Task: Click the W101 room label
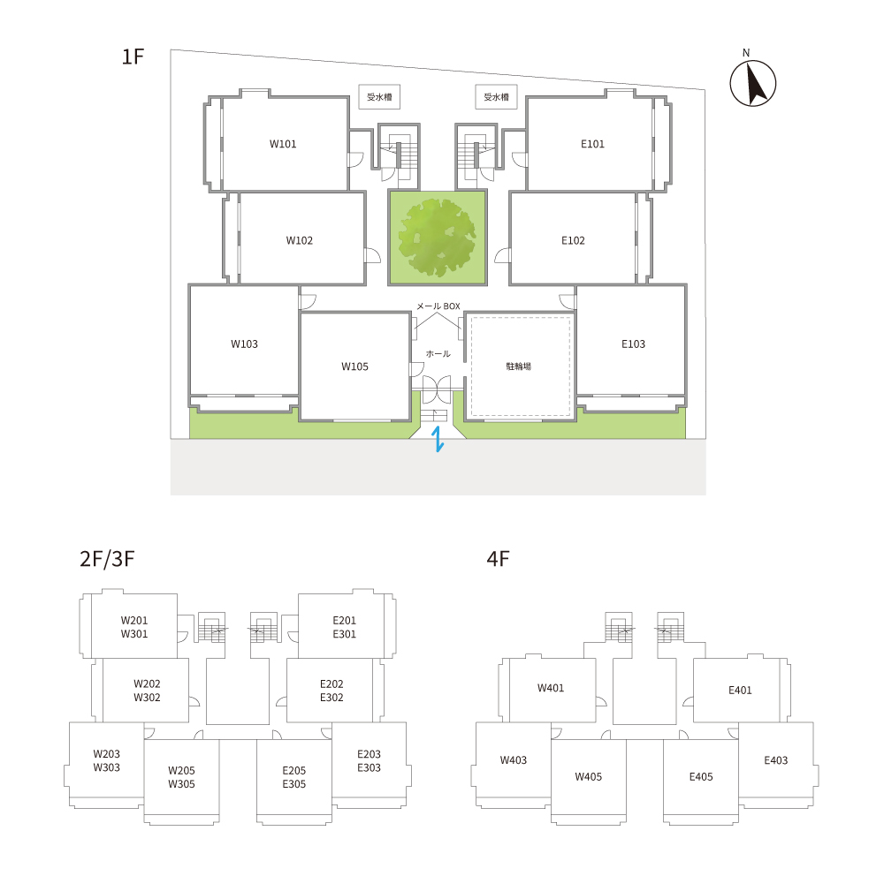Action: (x=283, y=144)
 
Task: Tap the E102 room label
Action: (x=573, y=240)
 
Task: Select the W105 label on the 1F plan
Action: (x=354, y=366)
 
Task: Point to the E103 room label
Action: (x=633, y=344)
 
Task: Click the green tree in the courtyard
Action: (x=437, y=238)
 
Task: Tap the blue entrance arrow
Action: (x=438, y=440)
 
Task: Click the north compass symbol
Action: (x=752, y=83)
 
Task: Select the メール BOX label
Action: (x=438, y=306)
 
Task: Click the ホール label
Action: (x=438, y=354)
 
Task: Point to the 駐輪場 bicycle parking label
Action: (x=519, y=366)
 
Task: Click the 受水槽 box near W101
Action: (x=379, y=97)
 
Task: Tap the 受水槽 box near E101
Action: (x=496, y=97)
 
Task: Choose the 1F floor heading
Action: (x=133, y=57)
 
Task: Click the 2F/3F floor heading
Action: (x=107, y=558)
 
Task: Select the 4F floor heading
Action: (x=498, y=558)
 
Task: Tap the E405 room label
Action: (x=701, y=776)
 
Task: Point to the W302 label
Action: (x=147, y=697)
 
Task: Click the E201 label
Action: (x=344, y=620)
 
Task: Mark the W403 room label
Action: (x=513, y=760)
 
